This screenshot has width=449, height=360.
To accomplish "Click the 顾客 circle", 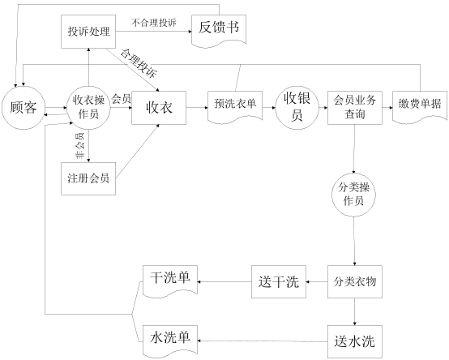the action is (x=24, y=108).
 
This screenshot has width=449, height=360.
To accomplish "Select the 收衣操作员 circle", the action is (x=88, y=108).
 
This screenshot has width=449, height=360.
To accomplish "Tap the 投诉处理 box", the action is (x=88, y=32).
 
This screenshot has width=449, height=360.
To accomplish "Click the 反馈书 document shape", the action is (x=219, y=31).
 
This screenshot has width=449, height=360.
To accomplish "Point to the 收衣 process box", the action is (x=159, y=108).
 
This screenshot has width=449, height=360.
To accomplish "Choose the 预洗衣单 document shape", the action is (x=235, y=107).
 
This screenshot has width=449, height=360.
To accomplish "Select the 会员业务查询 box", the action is (x=355, y=108).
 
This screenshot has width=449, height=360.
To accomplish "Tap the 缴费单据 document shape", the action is (x=420, y=107).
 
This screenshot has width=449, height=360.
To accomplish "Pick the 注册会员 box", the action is (x=88, y=178).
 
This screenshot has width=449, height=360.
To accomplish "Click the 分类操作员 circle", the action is (x=354, y=195).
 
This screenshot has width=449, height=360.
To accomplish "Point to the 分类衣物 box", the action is (x=355, y=282).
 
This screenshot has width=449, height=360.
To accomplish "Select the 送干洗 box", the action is (x=279, y=282).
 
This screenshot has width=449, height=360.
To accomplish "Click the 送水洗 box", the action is (x=355, y=341).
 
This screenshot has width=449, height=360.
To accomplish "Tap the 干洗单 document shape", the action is (x=170, y=281).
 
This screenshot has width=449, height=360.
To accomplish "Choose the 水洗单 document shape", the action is (x=170, y=341).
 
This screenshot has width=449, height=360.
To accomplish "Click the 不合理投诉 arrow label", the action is (x=154, y=23).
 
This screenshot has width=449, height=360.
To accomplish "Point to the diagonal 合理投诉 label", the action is (x=139, y=63).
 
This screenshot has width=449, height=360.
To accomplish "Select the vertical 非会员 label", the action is (x=79, y=146).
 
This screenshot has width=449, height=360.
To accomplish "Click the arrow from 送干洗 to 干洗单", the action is (x=224, y=282).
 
